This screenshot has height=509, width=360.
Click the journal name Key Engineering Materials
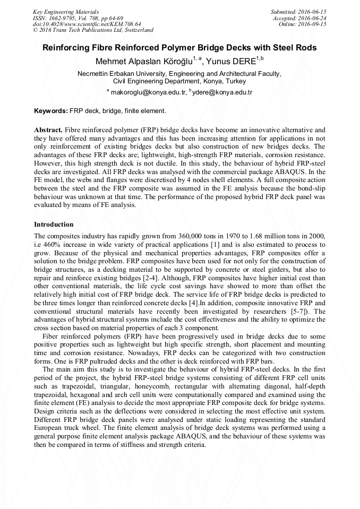click(x=66, y=11)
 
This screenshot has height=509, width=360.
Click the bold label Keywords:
click(x=51, y=111)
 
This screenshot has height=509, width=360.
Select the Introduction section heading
click(x=54, y=225)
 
